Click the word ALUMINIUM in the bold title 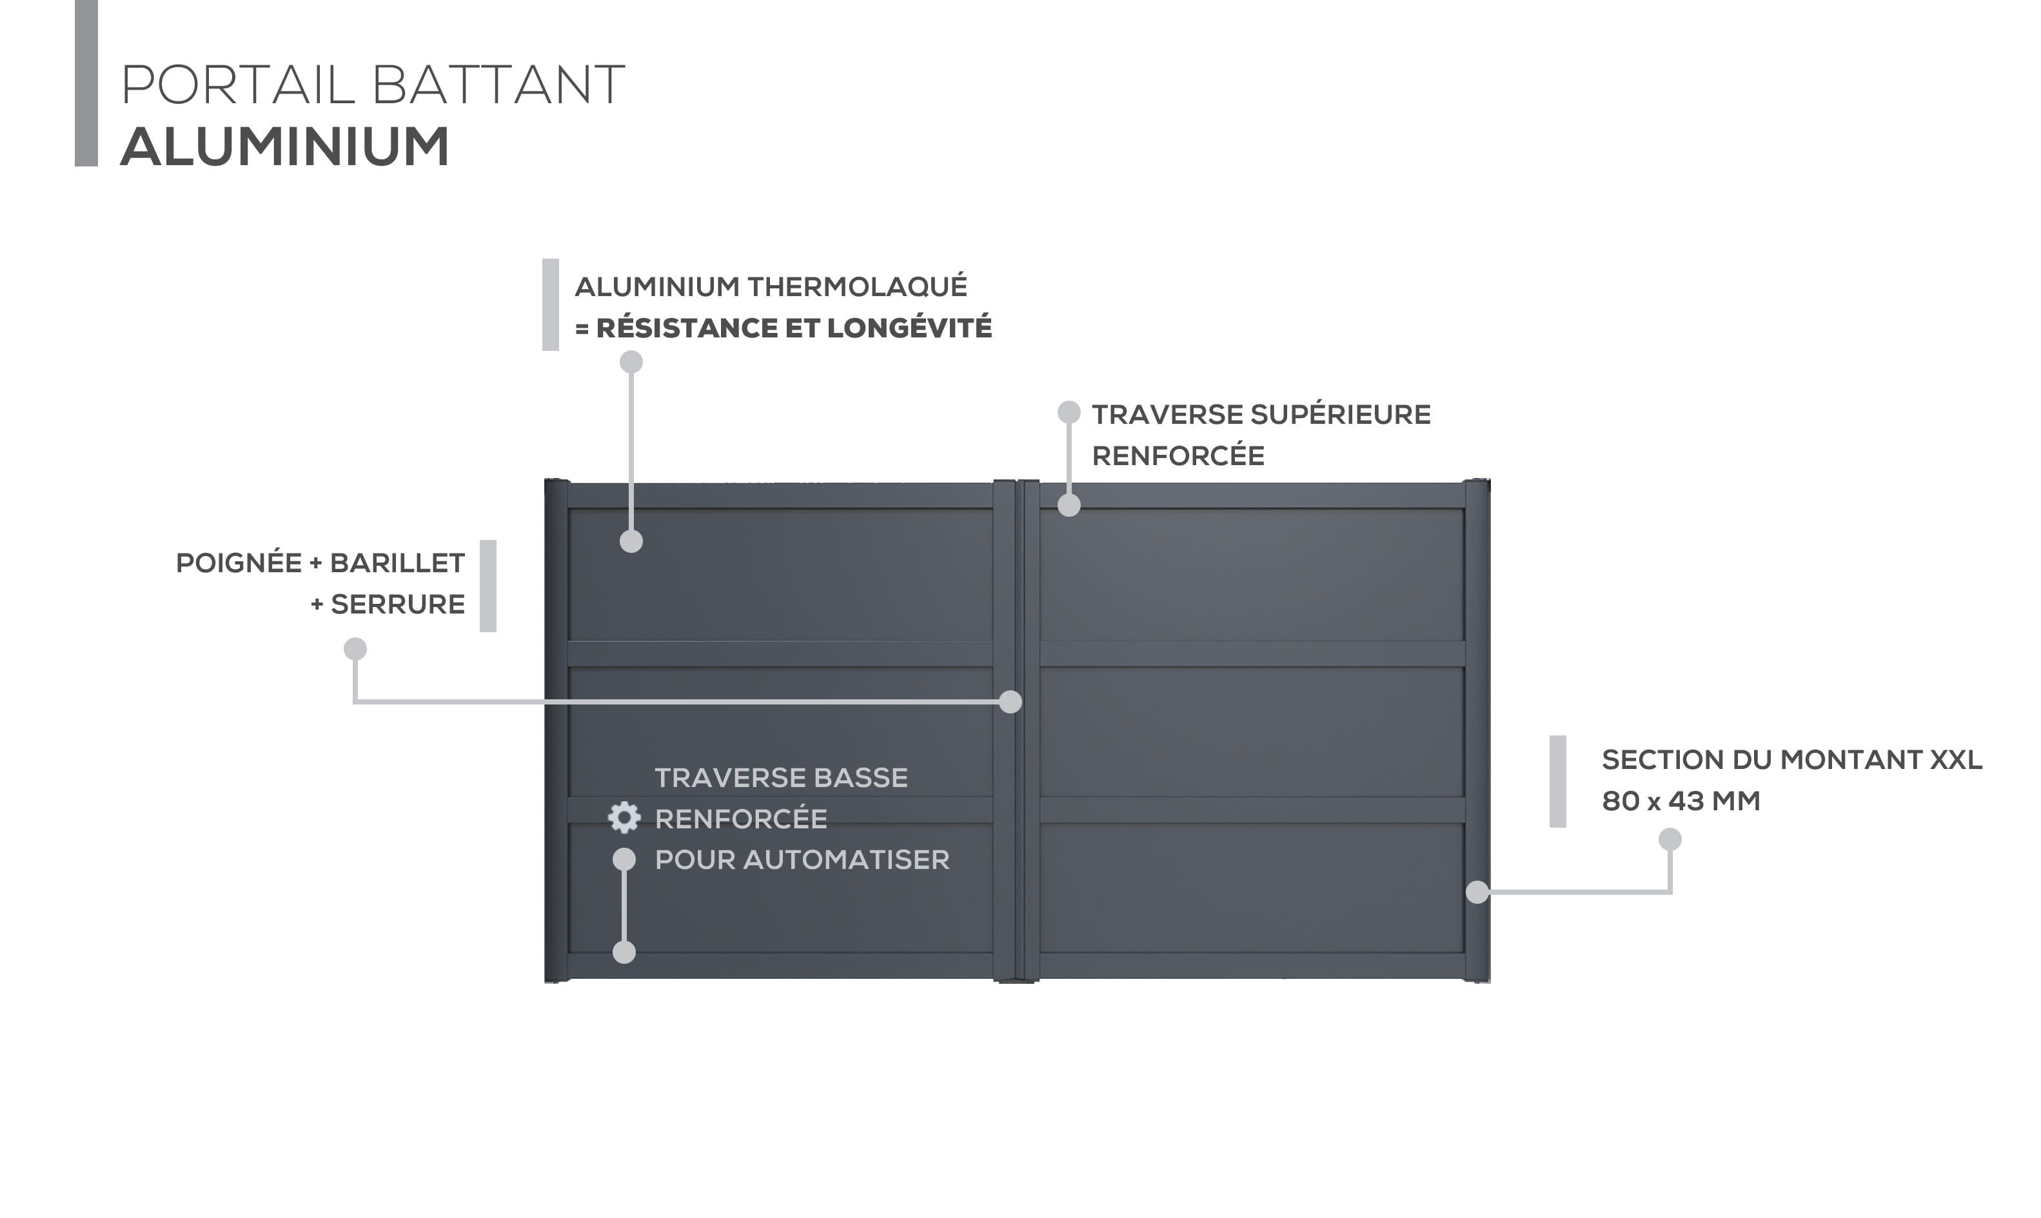tap(284, 147)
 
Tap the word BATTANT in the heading tap(498, 85)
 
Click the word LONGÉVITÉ tap(909, 328)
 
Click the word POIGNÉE tap(239, 563)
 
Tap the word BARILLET tap(397, 563)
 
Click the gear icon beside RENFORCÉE tap(624, 817)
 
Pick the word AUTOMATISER tap(847, 860)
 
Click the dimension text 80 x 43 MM tap(1681, 801)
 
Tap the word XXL tap(1956, 760)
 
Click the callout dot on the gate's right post tap(1477, 892)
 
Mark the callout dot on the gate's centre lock tap(1011, 702)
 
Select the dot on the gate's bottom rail tap(624, 952)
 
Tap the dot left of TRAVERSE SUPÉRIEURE tap(1069, 412)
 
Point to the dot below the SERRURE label tap(355, 649)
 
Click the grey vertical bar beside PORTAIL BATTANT tap(86, 83)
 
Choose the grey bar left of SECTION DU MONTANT tap(1558, 781)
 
